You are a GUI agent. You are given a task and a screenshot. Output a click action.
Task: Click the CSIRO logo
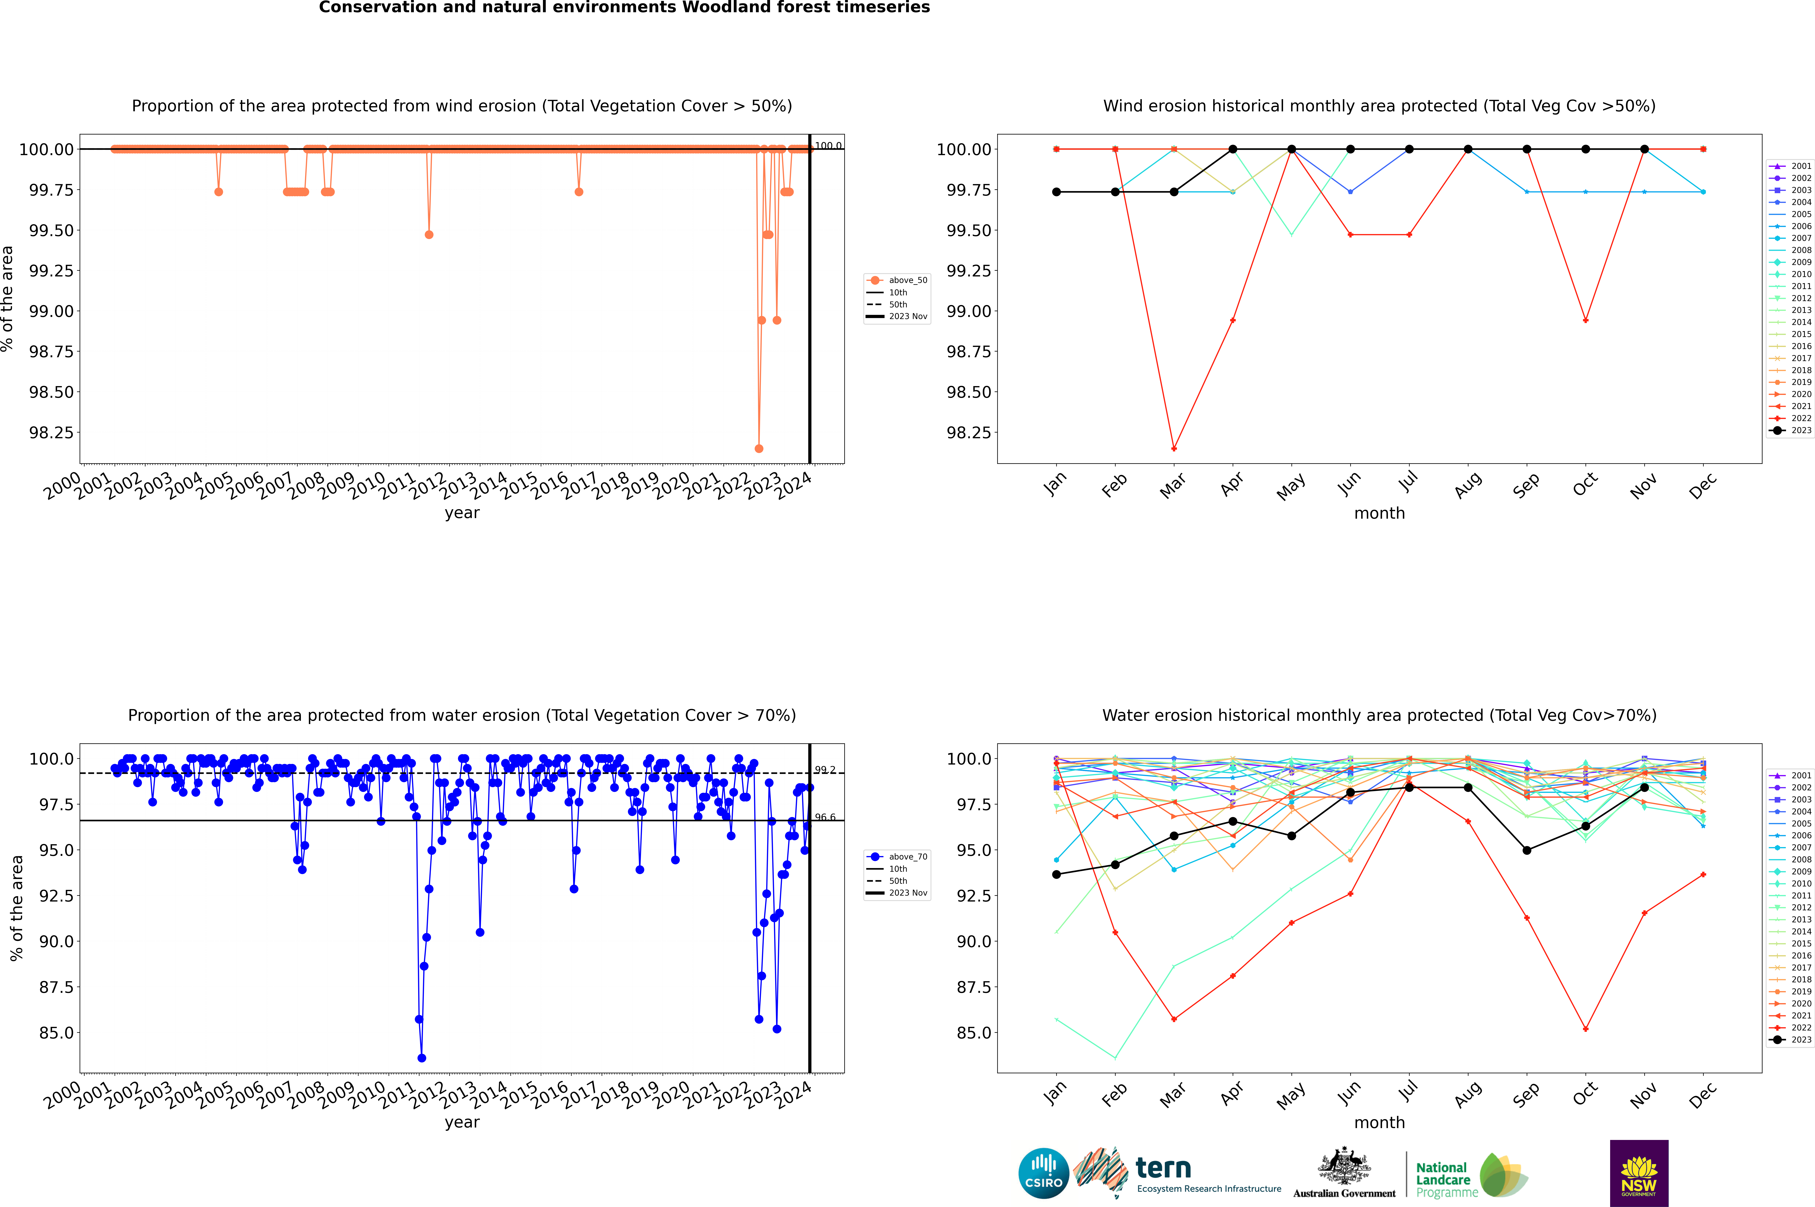tap(1043, 1173)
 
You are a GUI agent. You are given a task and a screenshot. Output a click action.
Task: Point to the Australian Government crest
tap(1344, 1169)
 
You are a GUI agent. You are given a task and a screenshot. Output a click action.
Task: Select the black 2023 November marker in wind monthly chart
tap(1644, 149)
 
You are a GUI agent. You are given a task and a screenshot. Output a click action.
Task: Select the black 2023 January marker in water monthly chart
tap(1056, 874)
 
